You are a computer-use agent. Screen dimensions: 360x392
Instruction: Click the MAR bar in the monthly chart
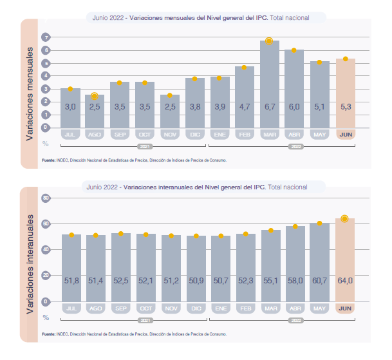coord(270,81)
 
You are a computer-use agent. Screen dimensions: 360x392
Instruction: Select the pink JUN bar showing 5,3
coord(346,90)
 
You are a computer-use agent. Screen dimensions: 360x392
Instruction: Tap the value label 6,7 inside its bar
coord(270,107)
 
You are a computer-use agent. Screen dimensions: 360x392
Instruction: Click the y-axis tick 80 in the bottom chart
coord(45,198)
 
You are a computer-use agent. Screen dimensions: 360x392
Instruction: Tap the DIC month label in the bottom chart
coord(196,309)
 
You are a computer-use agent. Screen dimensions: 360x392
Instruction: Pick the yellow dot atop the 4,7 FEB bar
coord(244,68)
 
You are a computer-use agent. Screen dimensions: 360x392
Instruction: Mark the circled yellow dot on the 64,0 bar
coord(345,219)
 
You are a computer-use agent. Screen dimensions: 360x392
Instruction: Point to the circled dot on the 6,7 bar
coord(270,42)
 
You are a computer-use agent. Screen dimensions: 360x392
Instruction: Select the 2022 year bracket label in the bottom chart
coord(294,320)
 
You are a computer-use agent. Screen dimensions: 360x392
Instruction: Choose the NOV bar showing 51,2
coord(171,267)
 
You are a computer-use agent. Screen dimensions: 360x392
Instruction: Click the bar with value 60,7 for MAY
coord(320,261)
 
